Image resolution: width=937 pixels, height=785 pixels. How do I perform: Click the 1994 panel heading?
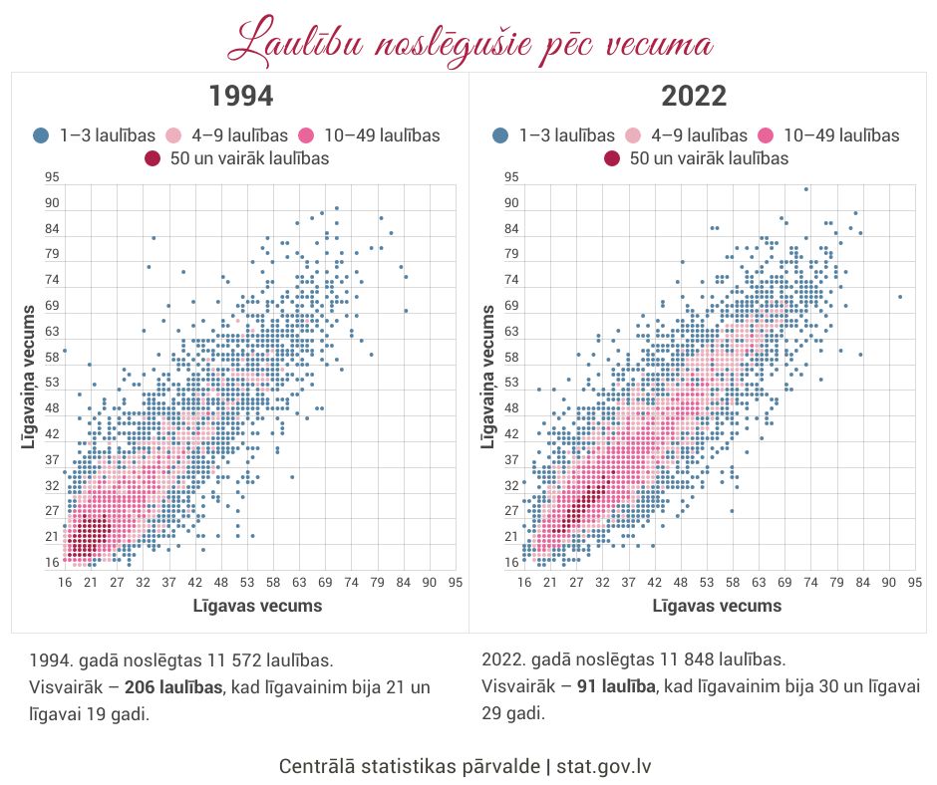point(240,97)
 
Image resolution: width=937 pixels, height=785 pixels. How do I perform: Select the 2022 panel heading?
point(694,97)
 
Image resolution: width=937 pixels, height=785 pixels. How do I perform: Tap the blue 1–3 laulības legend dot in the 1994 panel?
point(42,135)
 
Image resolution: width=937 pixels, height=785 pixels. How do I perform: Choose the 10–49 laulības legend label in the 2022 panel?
point(841,135)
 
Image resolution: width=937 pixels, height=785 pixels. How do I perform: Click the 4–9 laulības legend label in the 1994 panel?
point(239,135)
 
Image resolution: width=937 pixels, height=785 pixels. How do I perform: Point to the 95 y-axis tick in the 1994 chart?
point(52,177)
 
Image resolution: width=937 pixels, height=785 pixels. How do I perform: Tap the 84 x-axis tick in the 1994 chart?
point(404,582)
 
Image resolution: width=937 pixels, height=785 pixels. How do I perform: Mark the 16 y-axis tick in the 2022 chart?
point(511,562)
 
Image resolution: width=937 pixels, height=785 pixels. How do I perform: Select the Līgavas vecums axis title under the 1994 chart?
point(258,605)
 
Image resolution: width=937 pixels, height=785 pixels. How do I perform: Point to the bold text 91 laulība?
point(616,686)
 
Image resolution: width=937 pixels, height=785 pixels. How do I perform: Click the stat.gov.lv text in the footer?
point(604,766)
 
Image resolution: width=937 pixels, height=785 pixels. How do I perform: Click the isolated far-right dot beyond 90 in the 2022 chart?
point(899,297)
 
